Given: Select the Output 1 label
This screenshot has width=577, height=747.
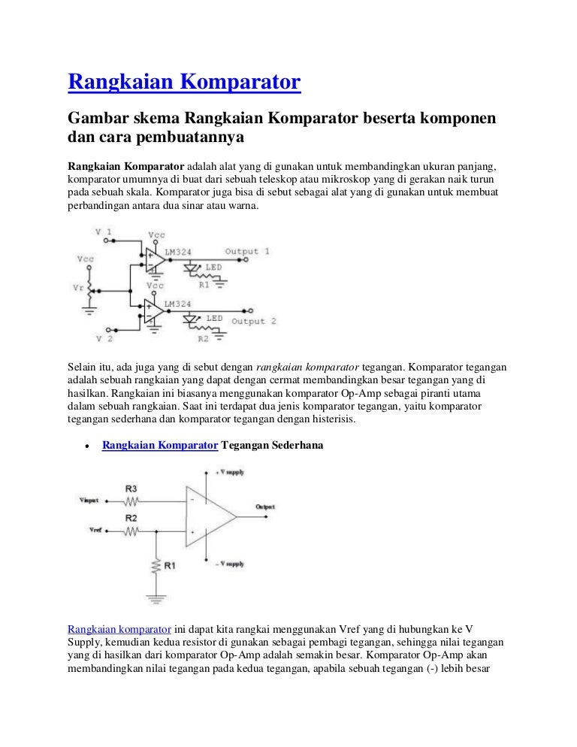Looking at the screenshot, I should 247,251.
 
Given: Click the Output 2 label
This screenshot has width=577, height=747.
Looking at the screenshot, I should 253,321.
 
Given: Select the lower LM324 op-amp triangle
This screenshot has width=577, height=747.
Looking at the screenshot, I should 156,312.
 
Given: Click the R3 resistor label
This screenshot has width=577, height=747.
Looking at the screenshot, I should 131,488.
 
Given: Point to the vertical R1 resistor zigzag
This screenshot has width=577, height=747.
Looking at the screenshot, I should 155,566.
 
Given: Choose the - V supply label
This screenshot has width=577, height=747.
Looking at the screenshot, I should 230,564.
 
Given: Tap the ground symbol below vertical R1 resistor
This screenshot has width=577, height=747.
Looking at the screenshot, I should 155,598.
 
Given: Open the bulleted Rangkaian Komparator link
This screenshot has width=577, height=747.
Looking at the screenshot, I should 159,445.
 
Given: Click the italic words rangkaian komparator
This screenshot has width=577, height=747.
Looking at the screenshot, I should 308,367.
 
